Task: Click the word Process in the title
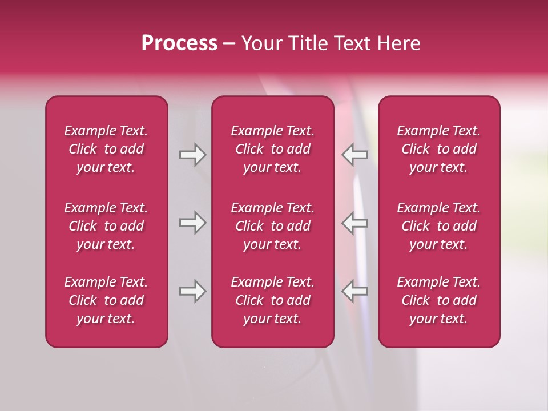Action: pyautogui.click(x=179, y=43)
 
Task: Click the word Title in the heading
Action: pyautogui.click(x=308, y=43)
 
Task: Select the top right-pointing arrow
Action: pyautogui.click(x=192, y=155)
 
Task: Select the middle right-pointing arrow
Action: pyautogui.click(x=192, y=223)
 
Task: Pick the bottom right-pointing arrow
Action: pyautogui.click(x=192, y=291)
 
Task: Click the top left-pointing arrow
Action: pyautogui.click(x=355, y=155)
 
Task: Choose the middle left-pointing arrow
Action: pyautogui.click(x=355, y=223)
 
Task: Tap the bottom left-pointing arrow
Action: pyautogui.click(x=355, y=291)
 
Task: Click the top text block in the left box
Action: pyautogui.click(x=106, y=149)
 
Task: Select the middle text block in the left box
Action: pyautogui.click(x=106, y=226)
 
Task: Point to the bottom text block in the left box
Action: pyautogui.click(x=106, y=300)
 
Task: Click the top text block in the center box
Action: pyautogui.click(x=272, y=149)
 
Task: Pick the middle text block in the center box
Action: pyautogui.click(x=272, y=226)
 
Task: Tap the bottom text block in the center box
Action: pyautogui.click(x=272, y=300)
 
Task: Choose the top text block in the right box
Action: pyautogui.click(x=438, y=149)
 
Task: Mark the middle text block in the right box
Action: pyautogui.click(x=438, y=226)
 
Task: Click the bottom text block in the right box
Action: pyautogui.click(x=438, y=300)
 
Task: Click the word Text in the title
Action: pyautogui.click(x=352, y=43)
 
